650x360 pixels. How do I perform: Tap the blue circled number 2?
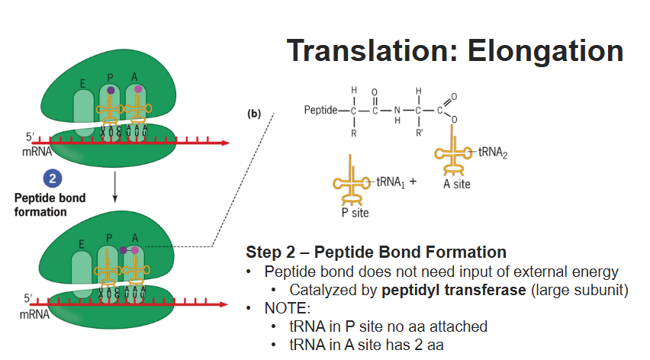coord(51,179)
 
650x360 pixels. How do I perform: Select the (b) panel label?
coord(253,115)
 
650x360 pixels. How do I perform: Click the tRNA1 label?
coord(391,183)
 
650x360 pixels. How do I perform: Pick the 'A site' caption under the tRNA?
coord(456,184)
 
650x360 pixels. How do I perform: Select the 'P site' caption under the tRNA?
coord(355,213)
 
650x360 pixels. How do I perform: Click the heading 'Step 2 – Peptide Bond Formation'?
coord(376,252)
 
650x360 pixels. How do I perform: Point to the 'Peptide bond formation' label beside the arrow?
coord(50,204)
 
